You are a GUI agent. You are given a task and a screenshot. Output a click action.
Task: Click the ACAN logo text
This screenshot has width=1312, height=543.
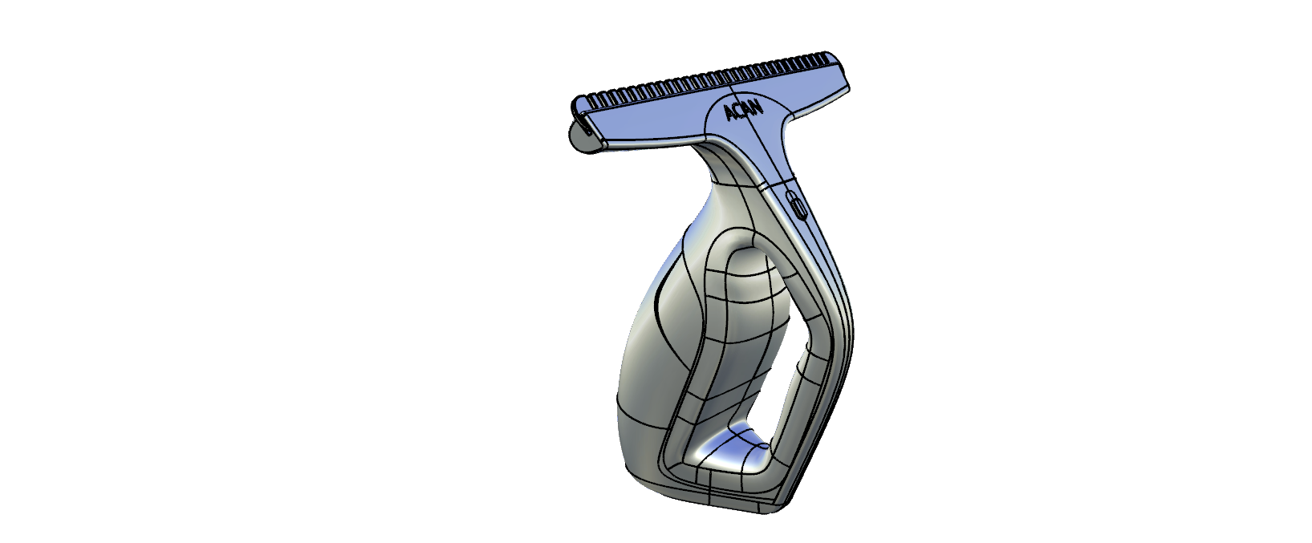pos(744,111)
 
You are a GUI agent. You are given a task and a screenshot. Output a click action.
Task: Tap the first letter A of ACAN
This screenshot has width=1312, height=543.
pos(730,115)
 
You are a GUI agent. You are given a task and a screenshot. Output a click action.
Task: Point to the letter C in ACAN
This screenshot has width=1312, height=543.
pos(739,112)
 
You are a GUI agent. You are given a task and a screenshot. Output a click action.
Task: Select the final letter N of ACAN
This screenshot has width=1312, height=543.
pos(758,106)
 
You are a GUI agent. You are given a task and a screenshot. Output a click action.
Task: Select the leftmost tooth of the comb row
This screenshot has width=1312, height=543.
pos(594,100)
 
